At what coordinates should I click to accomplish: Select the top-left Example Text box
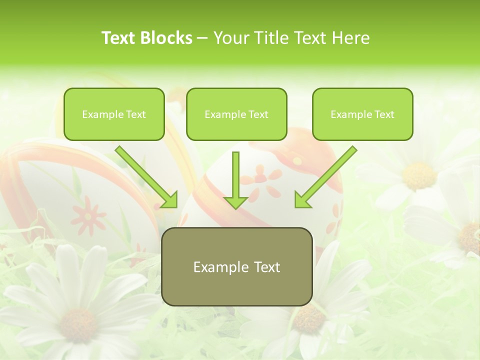point(114,114)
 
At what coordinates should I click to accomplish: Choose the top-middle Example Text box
point(236,114)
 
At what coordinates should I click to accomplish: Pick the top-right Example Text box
point(362,114)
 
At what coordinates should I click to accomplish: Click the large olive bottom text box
point(236,266)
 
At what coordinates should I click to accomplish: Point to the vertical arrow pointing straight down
point(236,180)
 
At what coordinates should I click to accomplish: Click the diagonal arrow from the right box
point(325,177)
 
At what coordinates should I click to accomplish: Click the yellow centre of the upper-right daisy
point(419,175)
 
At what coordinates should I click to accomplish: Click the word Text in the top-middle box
point(258,114)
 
